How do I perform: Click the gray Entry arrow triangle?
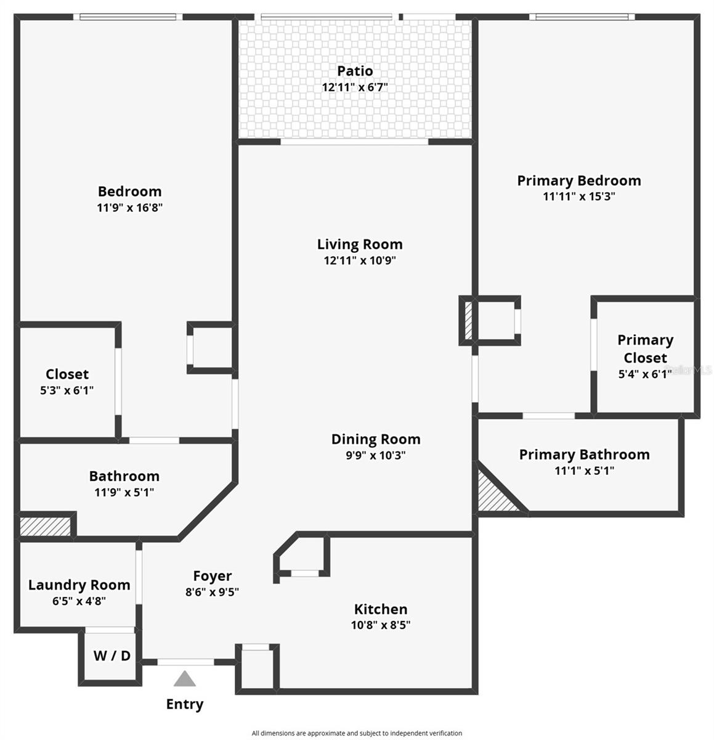[x=184, y=680]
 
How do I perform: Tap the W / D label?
[x=112, y=656]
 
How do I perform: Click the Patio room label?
[x=355, y=71]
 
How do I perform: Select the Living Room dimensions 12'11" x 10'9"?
[x=360, y=260]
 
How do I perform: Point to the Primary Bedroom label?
[x=578, y=181]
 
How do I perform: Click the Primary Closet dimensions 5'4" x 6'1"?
[x=644, y=374]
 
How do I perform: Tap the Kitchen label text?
[x=380, y=609]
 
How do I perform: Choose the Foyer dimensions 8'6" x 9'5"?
[x=212, y=592]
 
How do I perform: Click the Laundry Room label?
[x=79, y=585]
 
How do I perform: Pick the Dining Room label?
[x=376, y=439]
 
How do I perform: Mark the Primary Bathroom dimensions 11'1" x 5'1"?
[x=584, y=471]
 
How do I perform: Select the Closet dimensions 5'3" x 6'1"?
[x=67, y=390]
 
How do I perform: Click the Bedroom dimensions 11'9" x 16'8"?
[x=129, y=208]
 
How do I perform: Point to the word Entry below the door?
[x=184, y=704]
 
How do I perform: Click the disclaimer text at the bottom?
[x=357, y=733]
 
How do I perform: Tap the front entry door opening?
[x=185, y=662]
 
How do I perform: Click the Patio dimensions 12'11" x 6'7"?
[x=354, y=88]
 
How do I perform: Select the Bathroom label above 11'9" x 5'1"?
[x=124, y=476]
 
